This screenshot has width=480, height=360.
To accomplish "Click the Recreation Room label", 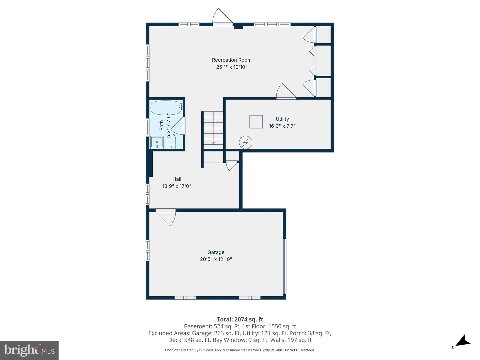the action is click(x=232, y=60).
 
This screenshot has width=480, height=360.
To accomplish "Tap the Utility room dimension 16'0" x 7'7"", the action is click(x=282, y=126).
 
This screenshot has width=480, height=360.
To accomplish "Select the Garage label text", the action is click(x=216, y=252).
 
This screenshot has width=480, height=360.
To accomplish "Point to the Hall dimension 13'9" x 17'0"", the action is click(x=177, y=186).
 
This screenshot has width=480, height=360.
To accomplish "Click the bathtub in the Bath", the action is click(x=166, y=108).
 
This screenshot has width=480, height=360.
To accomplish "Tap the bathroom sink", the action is click(x=157, y=142).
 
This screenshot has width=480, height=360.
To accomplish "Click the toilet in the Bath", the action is click(x=171, y=141).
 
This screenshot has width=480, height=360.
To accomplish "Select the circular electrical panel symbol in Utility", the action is click(x=246, y=143).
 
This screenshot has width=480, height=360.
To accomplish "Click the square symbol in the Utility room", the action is click(x=256, y=122).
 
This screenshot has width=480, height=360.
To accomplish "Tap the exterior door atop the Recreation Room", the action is click(x=223, y=17).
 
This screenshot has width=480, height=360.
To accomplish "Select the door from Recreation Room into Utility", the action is click(x=286, y=92).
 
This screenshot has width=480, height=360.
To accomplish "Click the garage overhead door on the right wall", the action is click(x=284, y=267).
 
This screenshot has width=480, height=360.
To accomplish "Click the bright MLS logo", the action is click(x=29, y=350).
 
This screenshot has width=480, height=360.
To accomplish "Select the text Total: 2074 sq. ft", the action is click(x=240, y=319).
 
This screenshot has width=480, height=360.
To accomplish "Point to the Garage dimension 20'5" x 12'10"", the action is click(x=216, y=259).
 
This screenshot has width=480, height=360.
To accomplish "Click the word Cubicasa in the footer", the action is click(x=207, y=350).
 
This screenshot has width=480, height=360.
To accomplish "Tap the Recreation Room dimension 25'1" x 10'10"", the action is click(x=232, y=67).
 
